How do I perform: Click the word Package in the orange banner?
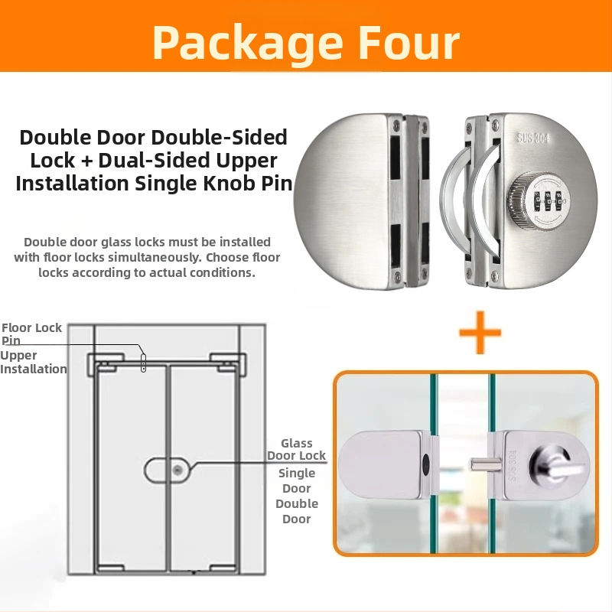point(247,43)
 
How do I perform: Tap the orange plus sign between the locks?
point(480,332)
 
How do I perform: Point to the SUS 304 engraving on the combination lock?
point(532,138)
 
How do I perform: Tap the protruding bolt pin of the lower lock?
point(485,465)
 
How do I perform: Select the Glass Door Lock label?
point(296,449)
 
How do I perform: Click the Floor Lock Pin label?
point(31,334)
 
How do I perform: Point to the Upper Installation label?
point(33,362)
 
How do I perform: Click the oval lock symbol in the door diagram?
point(168,470)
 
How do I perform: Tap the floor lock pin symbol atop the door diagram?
point(143,362)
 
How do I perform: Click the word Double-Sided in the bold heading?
point(219,137)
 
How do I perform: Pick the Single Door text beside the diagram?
point(297,480)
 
